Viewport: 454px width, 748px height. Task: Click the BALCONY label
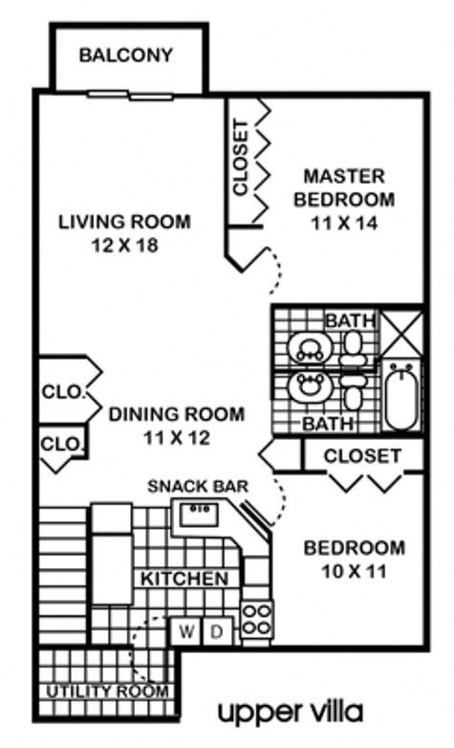[x=125, y=55]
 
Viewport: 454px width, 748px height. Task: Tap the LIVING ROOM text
[x=124, y=222]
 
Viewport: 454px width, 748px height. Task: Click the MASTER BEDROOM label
[x=343, y=188]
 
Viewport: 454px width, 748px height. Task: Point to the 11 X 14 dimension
[x=343, y=223]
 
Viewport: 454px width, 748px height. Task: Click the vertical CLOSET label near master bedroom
[x=241, y=157]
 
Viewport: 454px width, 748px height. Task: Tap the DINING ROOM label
[x=176, y=414]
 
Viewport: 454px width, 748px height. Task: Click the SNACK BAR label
[x=198, y=486]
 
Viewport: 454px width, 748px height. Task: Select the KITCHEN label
[x=184, y=579]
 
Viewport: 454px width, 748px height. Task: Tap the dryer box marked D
[x=216, y=631]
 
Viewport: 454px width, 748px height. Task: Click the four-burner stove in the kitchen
[x=257, y=619]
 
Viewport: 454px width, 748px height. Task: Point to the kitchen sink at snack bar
[x=201, y=515]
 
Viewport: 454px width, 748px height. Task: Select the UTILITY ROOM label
[x=106, y=691]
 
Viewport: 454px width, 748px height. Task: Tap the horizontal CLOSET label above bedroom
[x=361, y=455]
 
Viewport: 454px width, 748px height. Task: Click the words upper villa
[x=290, y=712]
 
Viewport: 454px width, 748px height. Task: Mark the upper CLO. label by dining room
[x=63, y=392]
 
